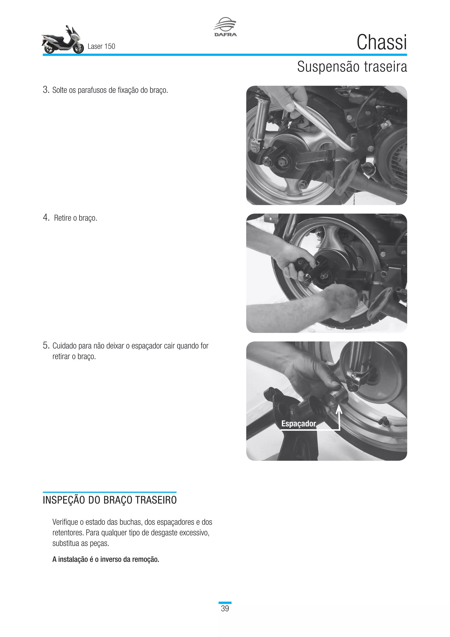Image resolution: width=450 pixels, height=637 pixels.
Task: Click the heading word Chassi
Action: (x=382, y=42)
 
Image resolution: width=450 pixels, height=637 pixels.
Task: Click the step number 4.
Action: (x=46, y=218)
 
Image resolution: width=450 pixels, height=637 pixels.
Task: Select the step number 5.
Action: (x=46, y=345)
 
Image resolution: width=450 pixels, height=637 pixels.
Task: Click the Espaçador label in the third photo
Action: (x=298, y=424)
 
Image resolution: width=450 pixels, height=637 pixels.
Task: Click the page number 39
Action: (x=225, y=608)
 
